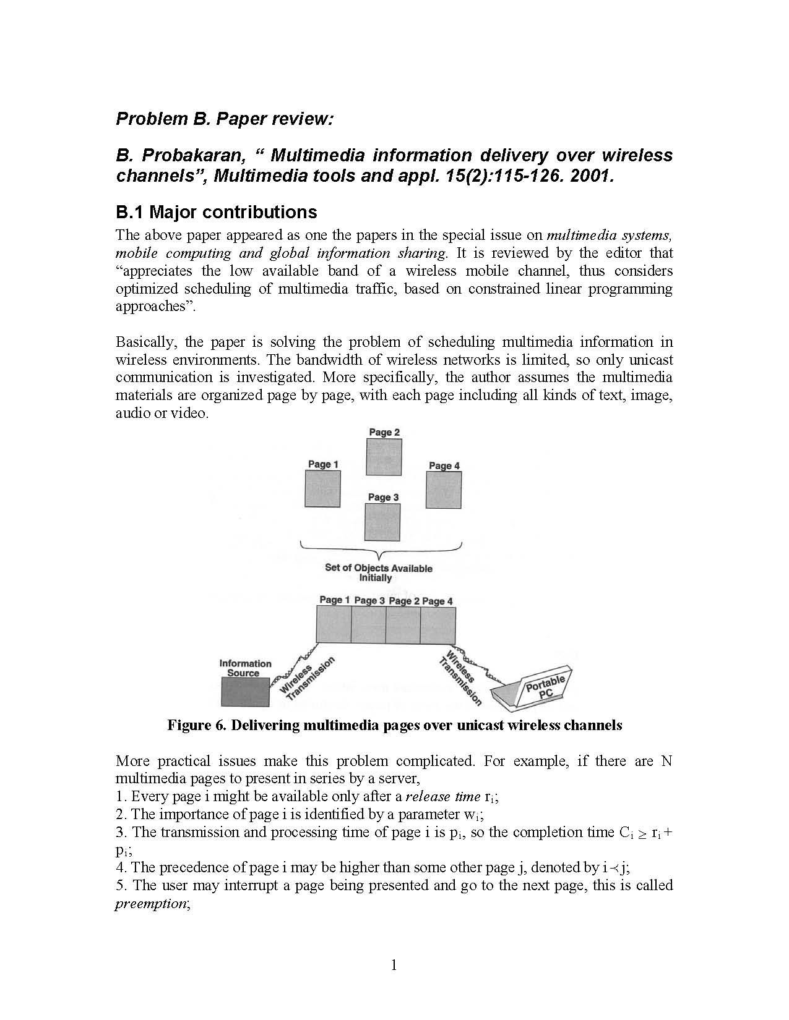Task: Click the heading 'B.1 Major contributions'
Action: [x=216, y=212]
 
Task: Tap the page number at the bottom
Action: [x=394, y=965]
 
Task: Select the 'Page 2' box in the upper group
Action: [x=384, y=457]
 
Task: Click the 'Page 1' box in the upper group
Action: [x=322, y=488]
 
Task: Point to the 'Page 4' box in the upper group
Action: [x=444, y=490]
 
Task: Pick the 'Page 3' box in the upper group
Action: [x=382, y=522]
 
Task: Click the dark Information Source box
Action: [x=245, y=692]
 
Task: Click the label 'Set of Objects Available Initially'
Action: [x=378, y=573]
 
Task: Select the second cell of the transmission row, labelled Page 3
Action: [x=368, y=625]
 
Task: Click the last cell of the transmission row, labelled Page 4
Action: [x=438, y=625]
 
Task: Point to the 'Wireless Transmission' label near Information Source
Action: [x=308, y=679]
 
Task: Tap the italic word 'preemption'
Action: [x=150, y=903]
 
